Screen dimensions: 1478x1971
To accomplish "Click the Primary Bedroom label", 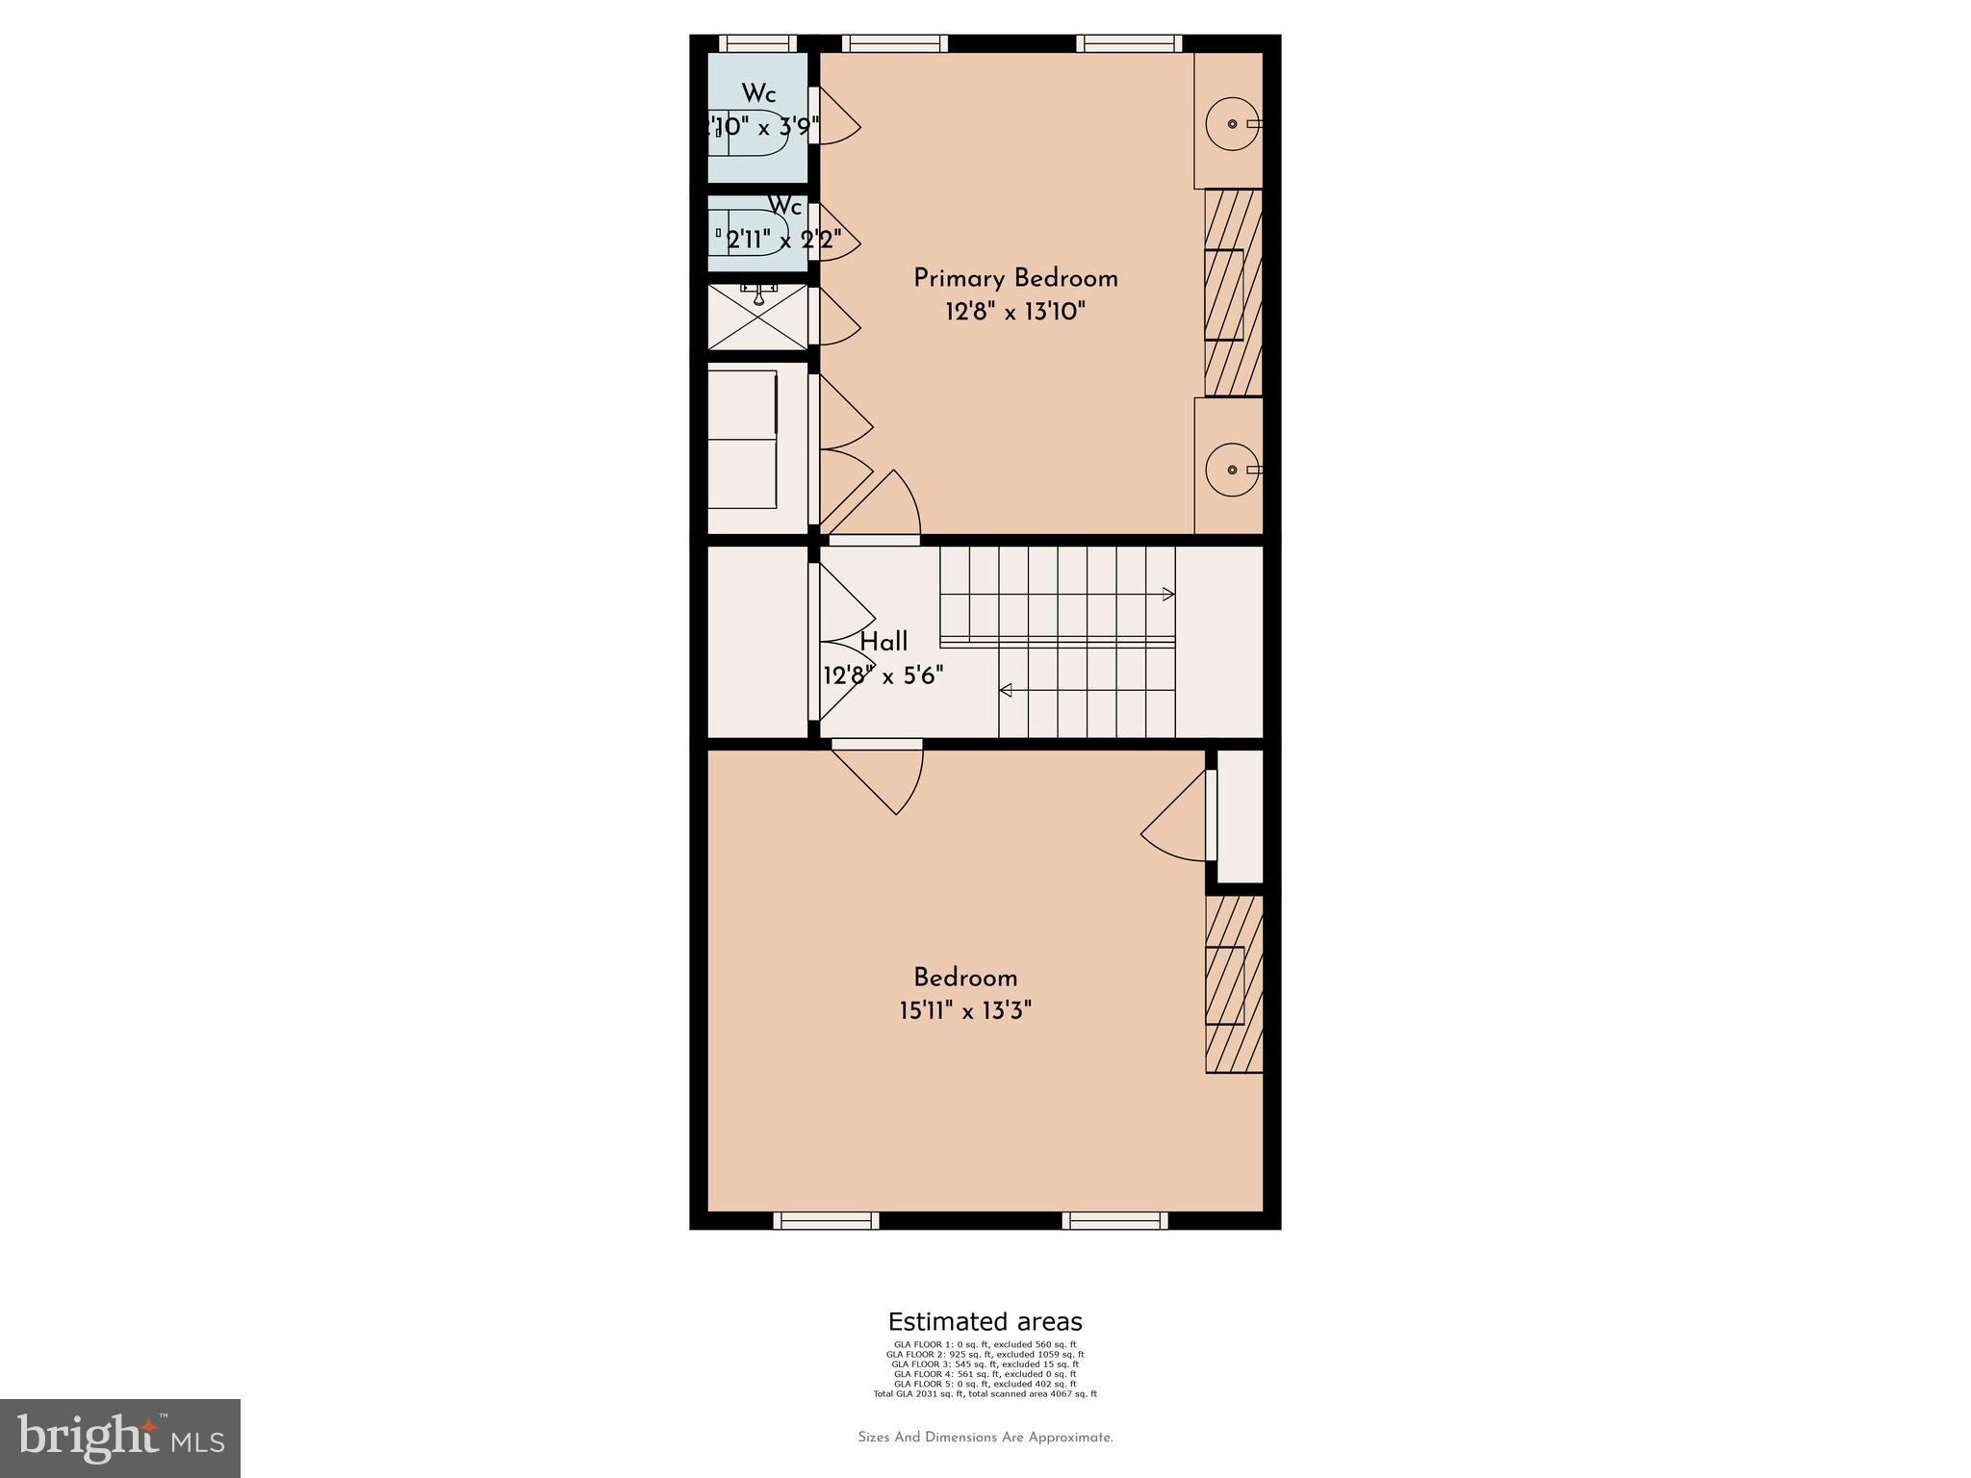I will point(1015,279).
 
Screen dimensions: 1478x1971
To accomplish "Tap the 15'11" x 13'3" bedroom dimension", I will point(965,1011).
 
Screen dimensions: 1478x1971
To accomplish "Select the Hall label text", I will point(883,642).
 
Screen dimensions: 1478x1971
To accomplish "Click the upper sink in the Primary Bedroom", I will point(1233,124).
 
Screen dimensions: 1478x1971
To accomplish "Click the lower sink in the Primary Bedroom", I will point(1233,470).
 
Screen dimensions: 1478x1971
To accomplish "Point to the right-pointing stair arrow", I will point(1168,595).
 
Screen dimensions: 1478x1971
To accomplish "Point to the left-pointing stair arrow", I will point(1006,690).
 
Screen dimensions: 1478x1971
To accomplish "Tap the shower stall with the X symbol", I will point(758,317).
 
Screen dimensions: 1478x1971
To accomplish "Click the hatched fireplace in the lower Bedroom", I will point(1234,984).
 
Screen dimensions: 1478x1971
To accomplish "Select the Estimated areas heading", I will point(985,1321).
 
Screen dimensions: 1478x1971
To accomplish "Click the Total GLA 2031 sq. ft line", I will point(985,1393).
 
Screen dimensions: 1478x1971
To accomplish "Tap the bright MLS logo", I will point(120,1438).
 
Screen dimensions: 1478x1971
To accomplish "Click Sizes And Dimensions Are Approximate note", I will point(985,1438).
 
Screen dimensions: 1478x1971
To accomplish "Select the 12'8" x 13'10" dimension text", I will point(1015,312).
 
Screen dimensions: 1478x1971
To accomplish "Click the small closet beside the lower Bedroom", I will point(1240,816).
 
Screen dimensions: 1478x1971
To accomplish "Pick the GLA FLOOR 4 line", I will point(985,1374).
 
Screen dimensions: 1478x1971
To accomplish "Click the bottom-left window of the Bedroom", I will point(826,1221).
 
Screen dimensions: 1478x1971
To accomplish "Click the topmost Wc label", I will point(758,94).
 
